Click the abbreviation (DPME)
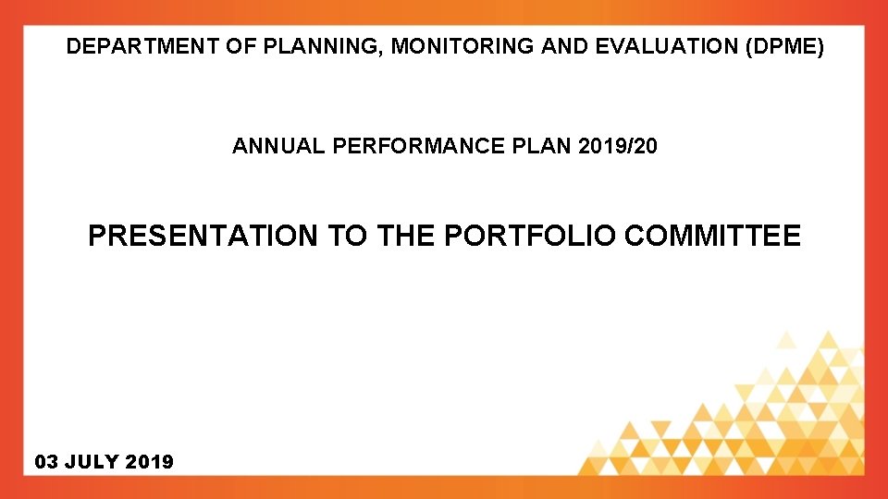coord(783,47)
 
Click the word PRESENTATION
coord(202,237)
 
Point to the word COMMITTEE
coord(712,237)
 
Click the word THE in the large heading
coord(404,237)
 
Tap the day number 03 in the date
coord(46,461)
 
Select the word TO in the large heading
coord(347,237)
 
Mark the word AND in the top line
coord(560,47)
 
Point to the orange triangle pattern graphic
coord(758,416)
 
